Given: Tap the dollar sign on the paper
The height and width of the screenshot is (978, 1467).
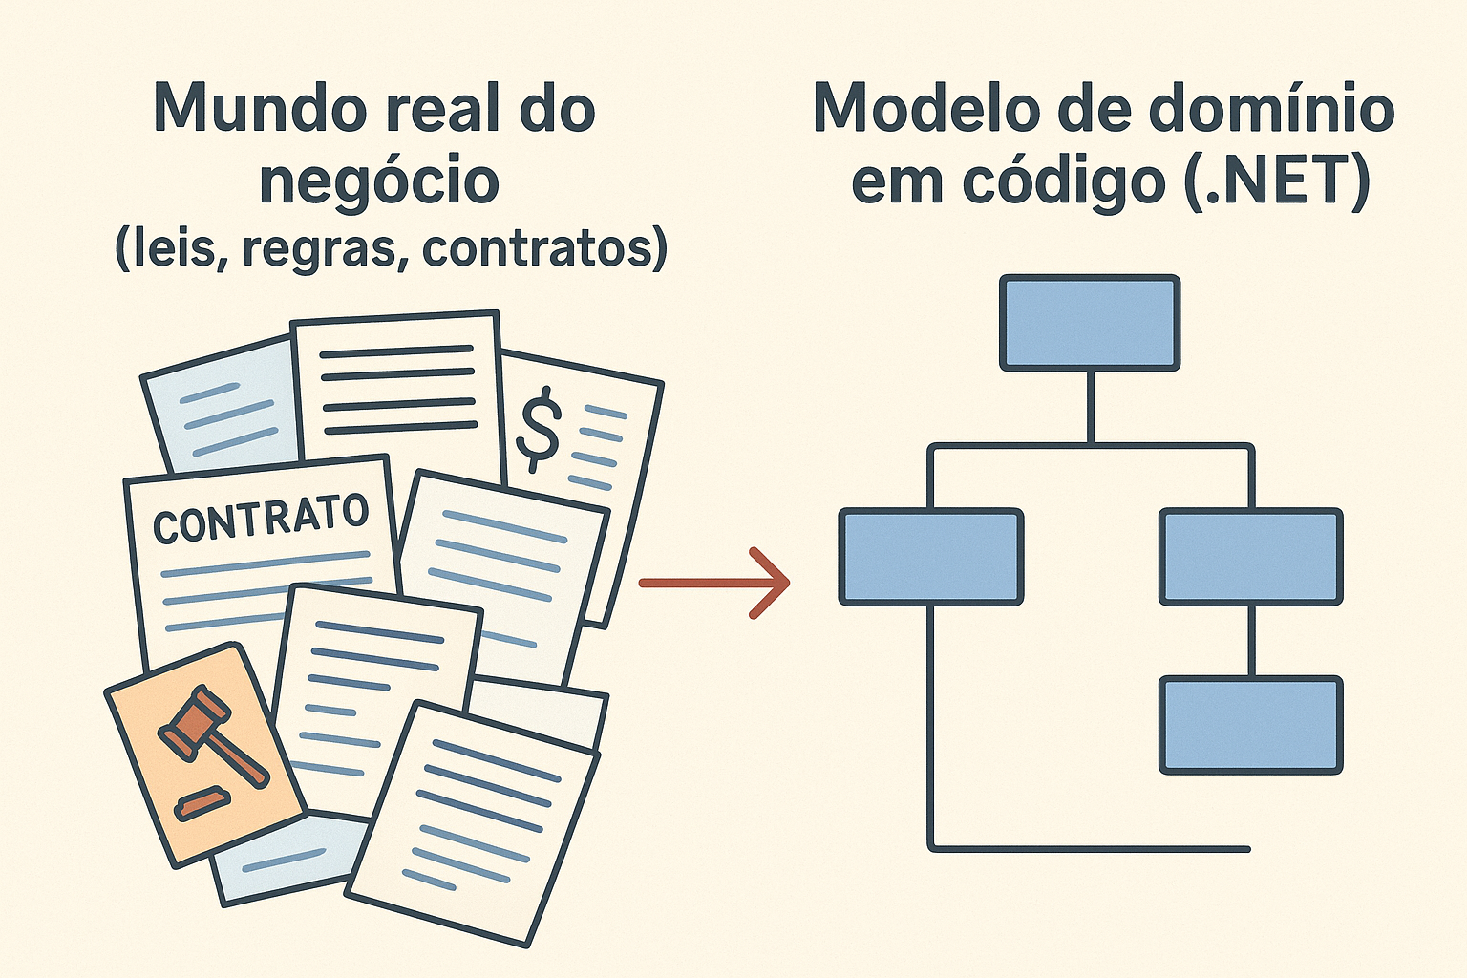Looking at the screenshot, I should (538, 429).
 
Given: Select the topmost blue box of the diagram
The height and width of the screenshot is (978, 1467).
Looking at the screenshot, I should (1090, 323).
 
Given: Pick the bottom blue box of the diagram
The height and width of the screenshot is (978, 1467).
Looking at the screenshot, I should (1251, 725).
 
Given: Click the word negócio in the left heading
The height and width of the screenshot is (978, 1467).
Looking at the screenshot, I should (379, 181).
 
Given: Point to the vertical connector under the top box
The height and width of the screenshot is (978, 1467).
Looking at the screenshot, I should (1090, 407).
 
